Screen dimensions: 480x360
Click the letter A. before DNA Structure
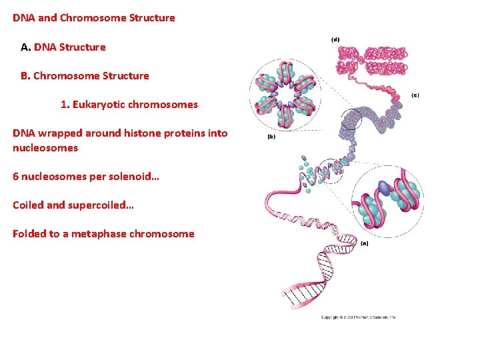tap(26, 47)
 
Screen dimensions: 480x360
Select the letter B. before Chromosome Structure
tap(25, 76)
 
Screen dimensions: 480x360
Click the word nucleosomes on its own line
tap(45, 148)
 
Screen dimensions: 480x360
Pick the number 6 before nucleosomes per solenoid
tap(16, 177)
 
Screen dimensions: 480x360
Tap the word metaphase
tap(95, 234)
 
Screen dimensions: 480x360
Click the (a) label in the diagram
tap(364, 243)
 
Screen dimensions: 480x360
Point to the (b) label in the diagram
tap(271, 137)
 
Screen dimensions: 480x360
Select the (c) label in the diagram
tap(415, 95)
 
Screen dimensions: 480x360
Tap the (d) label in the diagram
tap(335, 39)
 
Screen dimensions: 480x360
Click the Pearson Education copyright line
tap(358, 317)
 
